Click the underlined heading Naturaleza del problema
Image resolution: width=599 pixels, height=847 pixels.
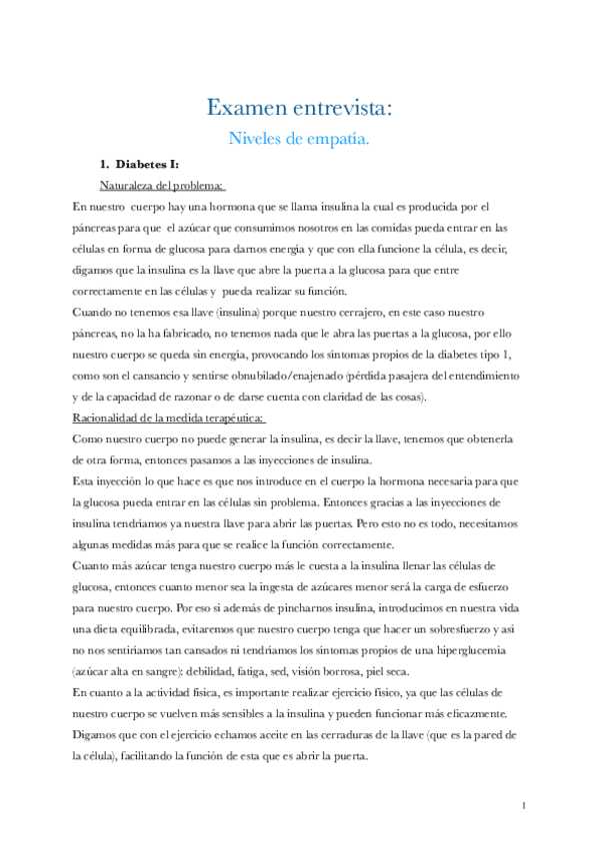162,185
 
